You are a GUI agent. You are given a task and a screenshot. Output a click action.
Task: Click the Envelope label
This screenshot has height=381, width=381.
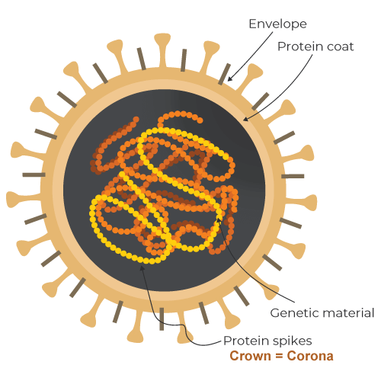tap(277, 24)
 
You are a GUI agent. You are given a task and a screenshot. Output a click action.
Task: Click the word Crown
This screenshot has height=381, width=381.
tap(250, 356)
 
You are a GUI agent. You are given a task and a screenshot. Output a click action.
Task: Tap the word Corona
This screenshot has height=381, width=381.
tap(310, 356)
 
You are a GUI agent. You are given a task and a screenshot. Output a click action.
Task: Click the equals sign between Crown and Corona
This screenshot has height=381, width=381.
tap(279, 356)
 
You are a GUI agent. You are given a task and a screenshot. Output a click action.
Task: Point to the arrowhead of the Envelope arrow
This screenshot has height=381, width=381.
tap(230, 78)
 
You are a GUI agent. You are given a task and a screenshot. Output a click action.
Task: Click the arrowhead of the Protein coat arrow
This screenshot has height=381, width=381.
tap(246, 119)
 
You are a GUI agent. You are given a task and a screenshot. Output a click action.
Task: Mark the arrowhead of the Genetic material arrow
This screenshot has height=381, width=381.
tap(219, 219)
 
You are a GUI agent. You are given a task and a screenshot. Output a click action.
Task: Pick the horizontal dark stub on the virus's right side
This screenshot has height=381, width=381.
tap(293, 176)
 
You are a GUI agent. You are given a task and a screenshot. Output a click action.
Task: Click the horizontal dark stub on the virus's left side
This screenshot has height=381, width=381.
tap(34, 174)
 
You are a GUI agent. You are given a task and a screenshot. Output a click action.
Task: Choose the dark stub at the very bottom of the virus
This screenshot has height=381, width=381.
tap(162, 319)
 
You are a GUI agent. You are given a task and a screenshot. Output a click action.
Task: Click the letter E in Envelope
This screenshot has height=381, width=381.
tap(252, 24)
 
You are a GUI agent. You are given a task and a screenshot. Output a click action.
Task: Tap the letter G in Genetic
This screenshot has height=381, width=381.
tap(274, 313)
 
